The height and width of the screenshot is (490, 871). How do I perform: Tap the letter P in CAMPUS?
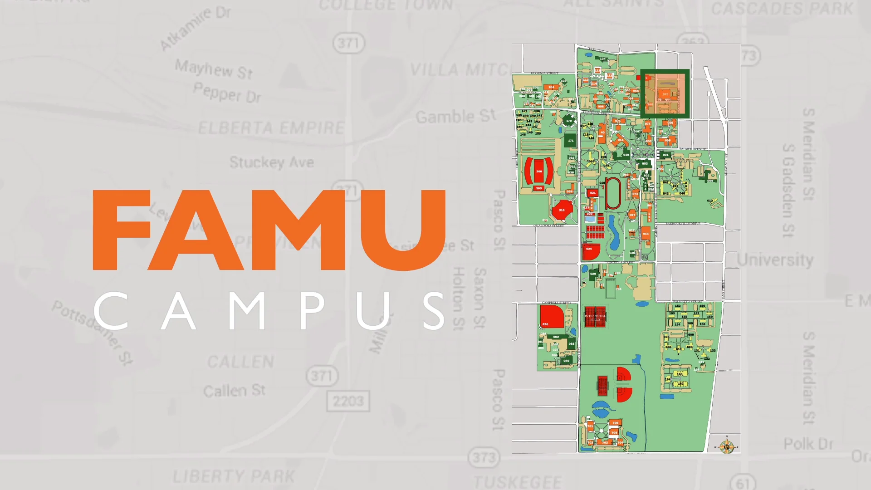point(312,310)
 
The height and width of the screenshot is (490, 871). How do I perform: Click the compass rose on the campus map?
point(727,446)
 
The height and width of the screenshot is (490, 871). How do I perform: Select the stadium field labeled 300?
point(538,171)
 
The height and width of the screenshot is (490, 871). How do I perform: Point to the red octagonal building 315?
point(562,210)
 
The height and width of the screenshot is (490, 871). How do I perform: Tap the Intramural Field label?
point(595,318)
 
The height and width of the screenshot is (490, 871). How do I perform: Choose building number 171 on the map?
point(571,141)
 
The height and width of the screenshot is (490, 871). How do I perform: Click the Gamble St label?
point(455,116)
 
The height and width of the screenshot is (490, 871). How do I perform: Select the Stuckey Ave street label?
point(271,162)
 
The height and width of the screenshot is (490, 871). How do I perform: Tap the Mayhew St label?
point(214,69)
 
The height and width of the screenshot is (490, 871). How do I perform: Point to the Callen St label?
point(234,390)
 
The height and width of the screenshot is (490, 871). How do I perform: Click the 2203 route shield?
point(348,401)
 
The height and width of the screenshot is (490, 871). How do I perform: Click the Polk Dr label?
point(808,444)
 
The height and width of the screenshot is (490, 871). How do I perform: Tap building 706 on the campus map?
point(615,423)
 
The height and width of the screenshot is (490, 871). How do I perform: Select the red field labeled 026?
point(551,316)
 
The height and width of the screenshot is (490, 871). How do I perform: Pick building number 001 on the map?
point(665,155)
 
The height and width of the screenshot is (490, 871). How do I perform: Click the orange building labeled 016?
point(646,234)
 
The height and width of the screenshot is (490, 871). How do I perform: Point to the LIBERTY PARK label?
point(234,476)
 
